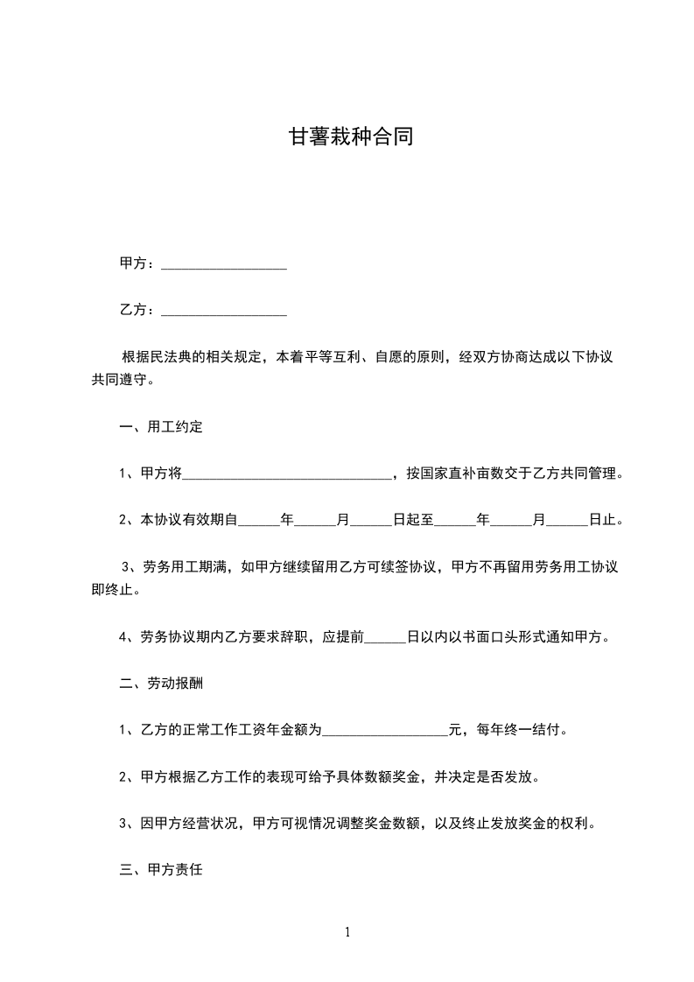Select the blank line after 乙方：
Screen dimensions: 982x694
[x=224, y=311]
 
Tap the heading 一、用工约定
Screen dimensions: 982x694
[x=161, y=428]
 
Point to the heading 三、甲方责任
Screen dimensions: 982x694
[x=161, y=871]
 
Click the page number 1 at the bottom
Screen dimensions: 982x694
[x=347, y=932]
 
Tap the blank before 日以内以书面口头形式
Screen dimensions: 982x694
[x=385, y=638]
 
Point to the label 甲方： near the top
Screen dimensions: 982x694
[x=137, y=263]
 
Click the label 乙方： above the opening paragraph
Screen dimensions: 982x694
[x=137, y=311]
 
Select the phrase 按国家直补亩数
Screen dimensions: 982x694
[x=454, y=474]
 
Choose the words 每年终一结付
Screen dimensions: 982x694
[x=517, y=729]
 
